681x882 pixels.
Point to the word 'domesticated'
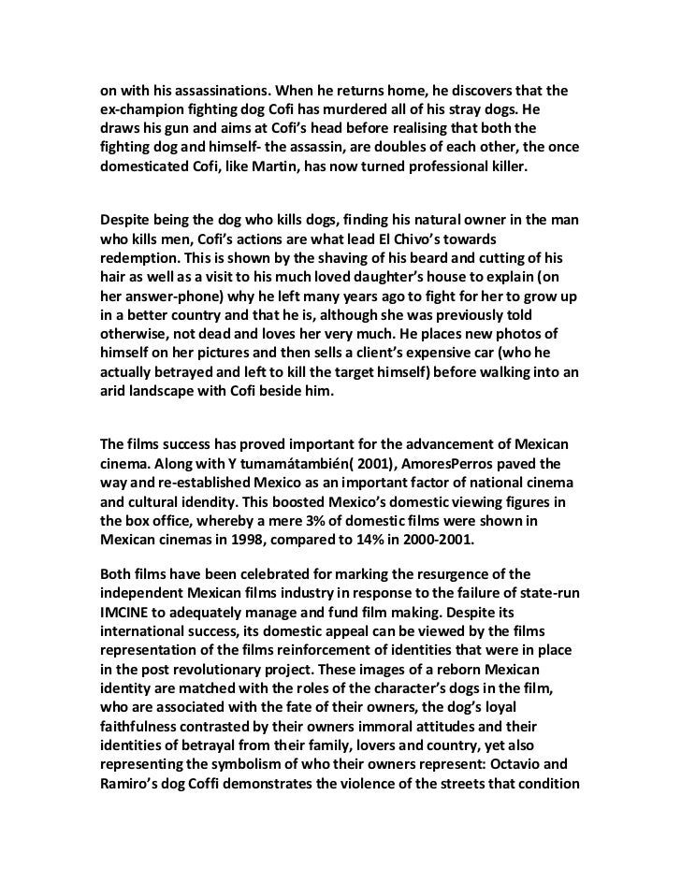[x=147, y=171]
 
